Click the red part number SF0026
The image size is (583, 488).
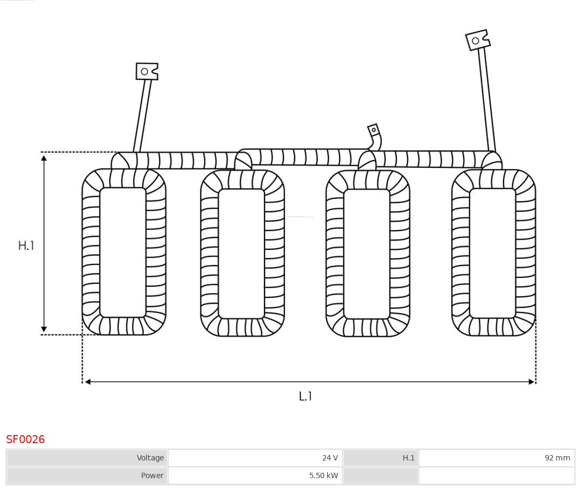(x=25, y=439)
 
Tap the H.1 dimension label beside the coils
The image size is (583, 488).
(x=26, y=246)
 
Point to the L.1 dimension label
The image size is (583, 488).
(x=306, y=396)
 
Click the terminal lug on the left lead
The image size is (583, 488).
(x=146, y=71)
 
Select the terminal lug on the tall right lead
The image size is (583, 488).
(x=477, y=40)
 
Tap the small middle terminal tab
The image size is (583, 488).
(x=374, y=130)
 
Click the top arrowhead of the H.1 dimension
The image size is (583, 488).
(x=44, y=157)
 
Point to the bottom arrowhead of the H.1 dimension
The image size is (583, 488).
(x=44, y=329)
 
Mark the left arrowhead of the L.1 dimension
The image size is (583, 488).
(x=87, y=382)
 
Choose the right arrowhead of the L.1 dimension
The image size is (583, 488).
(x=531, y=382)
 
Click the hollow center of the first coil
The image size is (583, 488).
(x=123, y=252)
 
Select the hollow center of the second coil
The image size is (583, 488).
(x=241, y=253)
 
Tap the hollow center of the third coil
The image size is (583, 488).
(x=367, y=254)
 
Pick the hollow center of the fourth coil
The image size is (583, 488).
(x=492, y=253)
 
